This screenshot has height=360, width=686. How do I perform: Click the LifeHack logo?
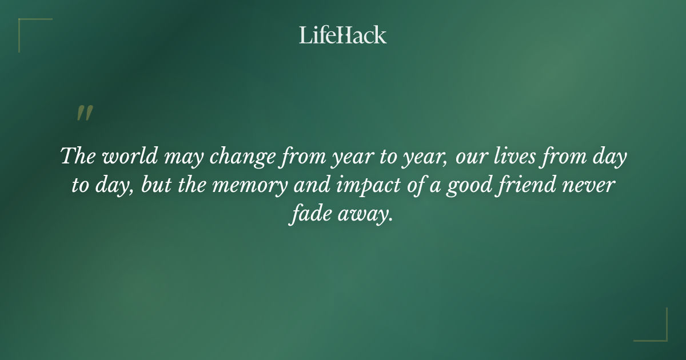tap(342, 35)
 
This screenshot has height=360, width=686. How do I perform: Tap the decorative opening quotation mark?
tap(84, 113)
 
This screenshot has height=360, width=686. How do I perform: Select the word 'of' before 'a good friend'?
tap(412, 186)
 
